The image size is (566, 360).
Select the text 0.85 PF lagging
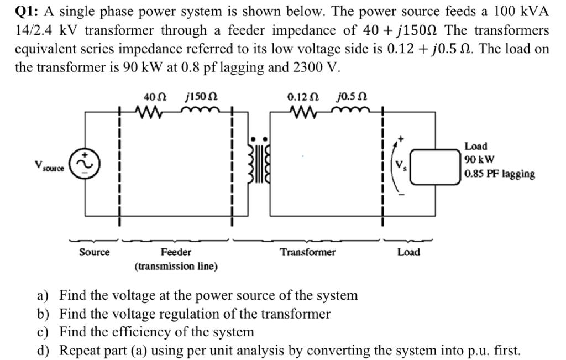coord(499,174)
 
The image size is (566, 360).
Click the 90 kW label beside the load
coord(475,160)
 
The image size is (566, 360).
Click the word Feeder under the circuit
coord(176,252)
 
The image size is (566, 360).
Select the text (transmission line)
coord(176,266)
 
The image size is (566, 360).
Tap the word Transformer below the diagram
coord(307,252)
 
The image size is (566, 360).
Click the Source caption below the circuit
coord(94,252)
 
